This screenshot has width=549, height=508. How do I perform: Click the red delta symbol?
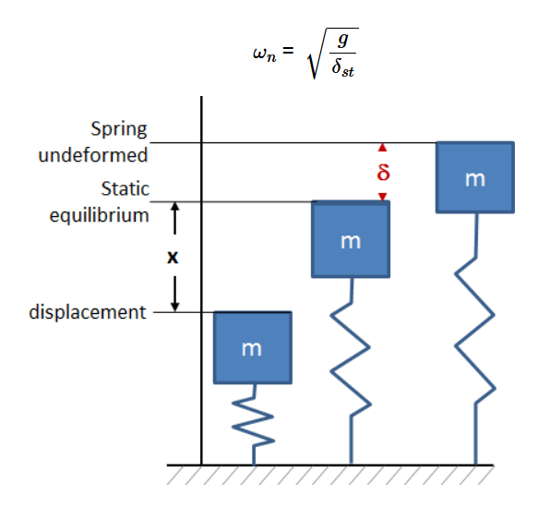click(x=383, y=172)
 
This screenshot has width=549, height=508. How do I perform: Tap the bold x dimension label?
click(x=173, y=257)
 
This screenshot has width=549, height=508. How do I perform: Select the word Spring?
click(x=119, y=129)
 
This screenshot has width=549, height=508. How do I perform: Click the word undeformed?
click(x=93, y=155)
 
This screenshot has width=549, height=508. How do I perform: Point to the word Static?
click(x=125, y=188)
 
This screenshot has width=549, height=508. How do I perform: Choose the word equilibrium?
click(x=99, y=215)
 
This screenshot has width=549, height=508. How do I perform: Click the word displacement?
click(x=87, y=312)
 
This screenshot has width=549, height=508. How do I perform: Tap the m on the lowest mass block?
click(x=252, y=349)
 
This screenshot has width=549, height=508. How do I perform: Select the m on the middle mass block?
click(x=351, y=242)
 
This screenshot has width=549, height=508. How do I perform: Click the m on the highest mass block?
click(x=475, y=179)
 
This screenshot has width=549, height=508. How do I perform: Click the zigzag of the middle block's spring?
click(x=351, y=358)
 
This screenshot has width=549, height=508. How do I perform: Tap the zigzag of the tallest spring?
click(x=475, y=331)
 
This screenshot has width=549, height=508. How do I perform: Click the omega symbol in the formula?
click(x=259, y=54)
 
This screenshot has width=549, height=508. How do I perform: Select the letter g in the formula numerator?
click(x=342, y=40)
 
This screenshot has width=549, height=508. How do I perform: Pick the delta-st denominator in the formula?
click(x=342, y=67)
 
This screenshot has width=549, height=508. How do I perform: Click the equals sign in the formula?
click(x=288, y=51)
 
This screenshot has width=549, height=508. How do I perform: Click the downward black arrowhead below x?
click(x=174, y=307)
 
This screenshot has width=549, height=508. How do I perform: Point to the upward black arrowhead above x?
click(x=174, y=207)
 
